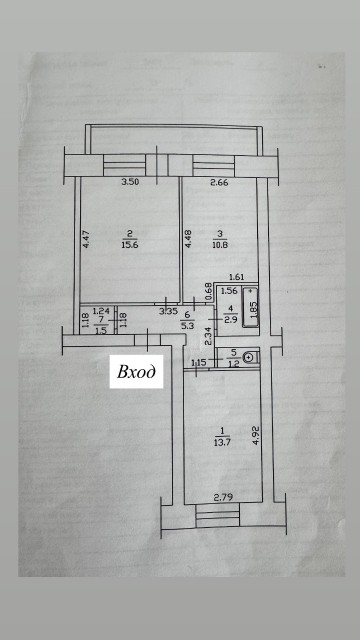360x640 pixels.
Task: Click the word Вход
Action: [x=138, y=373]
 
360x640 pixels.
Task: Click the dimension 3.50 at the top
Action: [x=127, y=183]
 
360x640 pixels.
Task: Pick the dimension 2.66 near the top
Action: [x=220, y=183]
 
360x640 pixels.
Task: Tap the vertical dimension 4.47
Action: [x=86, y=239]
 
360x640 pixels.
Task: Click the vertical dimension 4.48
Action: [x=187, y=240]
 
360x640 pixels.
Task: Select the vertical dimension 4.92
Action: [x=257, y=435]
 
